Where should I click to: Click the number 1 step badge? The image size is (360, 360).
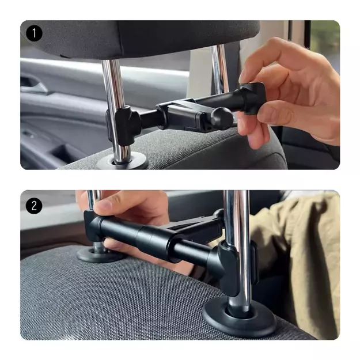tap(34, 33)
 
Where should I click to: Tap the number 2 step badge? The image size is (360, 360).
tap(34, 206)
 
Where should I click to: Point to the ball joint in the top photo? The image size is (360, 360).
tap(222, 118)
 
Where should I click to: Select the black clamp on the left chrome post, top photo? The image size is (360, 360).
tap(124, 125)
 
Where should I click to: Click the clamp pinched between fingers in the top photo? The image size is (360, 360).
tap(252, 97)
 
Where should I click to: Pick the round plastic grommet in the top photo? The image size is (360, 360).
tap(122, 161)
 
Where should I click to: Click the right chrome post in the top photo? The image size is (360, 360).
tap(221, 69)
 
